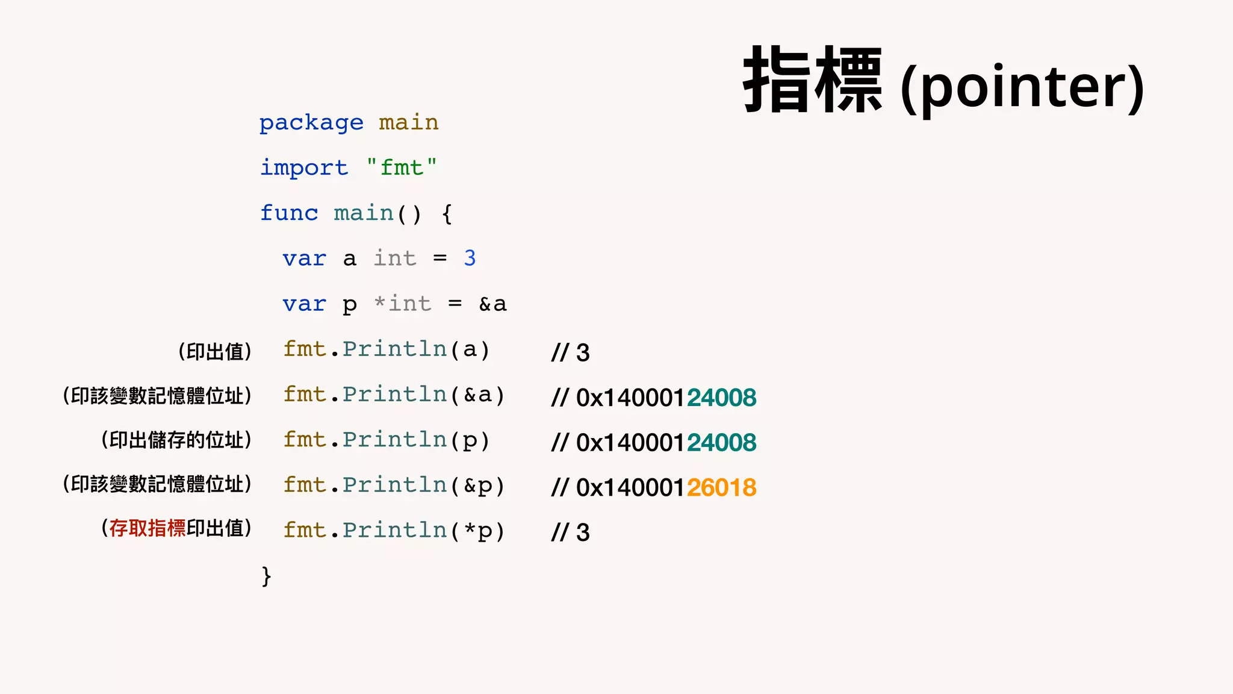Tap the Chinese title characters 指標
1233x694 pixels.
(x=813, y=80)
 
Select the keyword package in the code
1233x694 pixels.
(x=311, y=123)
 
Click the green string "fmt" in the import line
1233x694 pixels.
(x=402, y=167)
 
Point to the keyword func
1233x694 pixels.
(x=289, y=213)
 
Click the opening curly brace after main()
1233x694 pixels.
(x=447, y=214)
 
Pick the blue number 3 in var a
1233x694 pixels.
(x=470, y=258)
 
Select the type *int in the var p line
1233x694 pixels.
(x=402, y=304)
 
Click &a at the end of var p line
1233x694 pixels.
(x=492, y=304)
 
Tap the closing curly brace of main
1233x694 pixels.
(x=266, y=577)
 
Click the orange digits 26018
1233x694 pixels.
(x=721, y=487)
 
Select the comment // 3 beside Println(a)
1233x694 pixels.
(x=570, y=352)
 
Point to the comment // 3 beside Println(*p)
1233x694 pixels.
(x=570, y=533)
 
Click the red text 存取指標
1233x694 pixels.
(x=148, y=528)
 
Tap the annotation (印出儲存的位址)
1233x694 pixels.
(x=176, y=440)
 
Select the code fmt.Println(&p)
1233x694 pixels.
(x=394, y=486)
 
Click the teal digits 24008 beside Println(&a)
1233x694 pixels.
(x=721, y=398)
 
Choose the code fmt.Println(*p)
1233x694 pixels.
(x=394, y=531)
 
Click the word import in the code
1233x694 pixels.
(x=304, y=168)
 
